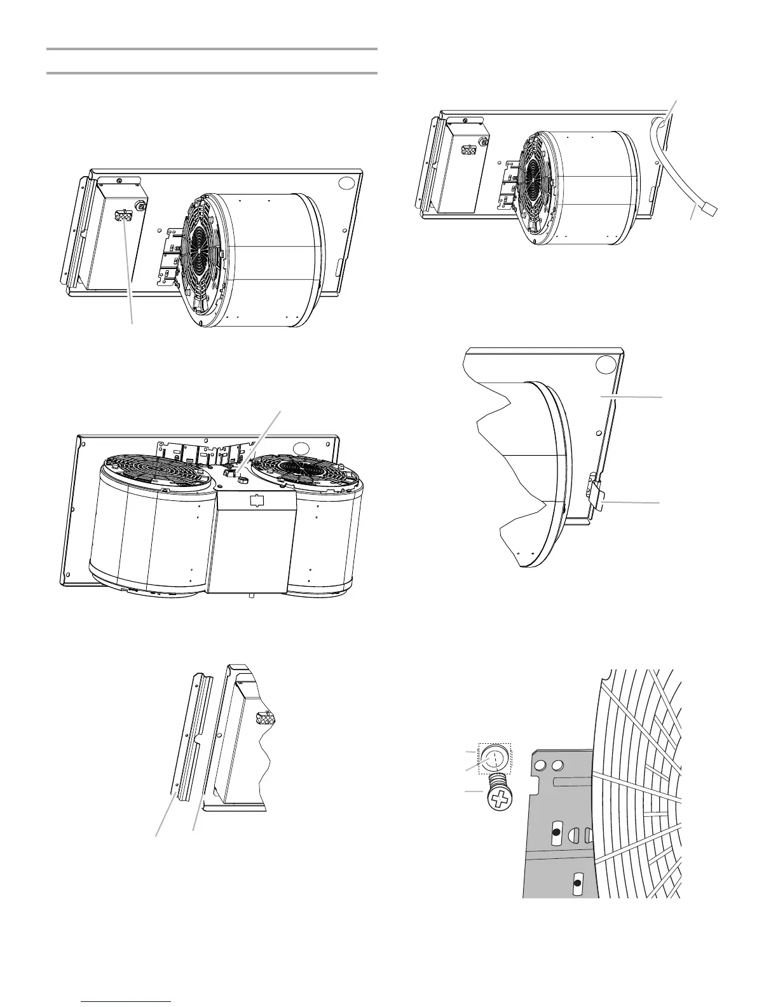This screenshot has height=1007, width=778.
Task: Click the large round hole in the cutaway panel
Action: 606,364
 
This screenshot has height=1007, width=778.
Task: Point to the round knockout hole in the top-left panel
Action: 347,184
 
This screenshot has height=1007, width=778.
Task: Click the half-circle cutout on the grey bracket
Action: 573,833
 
